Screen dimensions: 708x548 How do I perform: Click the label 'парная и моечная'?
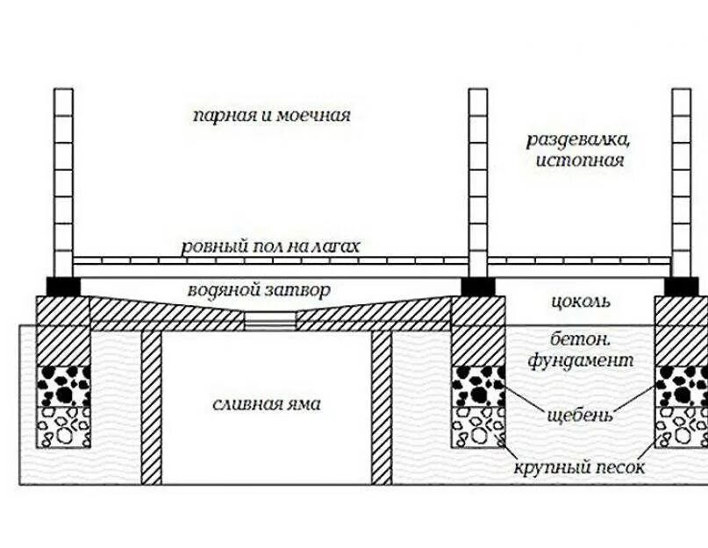(x=272, y=115)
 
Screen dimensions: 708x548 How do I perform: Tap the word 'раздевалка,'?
(x=579, y=139)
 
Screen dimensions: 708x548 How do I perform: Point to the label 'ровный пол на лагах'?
(x=270, y=246)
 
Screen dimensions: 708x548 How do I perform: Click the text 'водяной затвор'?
(x=259, y=289)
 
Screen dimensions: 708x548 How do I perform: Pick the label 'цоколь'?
(x=580, y=302)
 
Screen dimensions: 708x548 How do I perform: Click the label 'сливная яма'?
(x=267, y=404)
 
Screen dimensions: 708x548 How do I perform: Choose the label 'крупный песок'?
(x=580, y=467)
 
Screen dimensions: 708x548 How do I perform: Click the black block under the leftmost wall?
(x=63, y=286)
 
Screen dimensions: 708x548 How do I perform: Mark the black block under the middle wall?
(x=478, y=286)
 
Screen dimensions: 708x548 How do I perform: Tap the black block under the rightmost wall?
(x=682, y=286)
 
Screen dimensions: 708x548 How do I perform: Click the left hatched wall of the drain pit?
(x=152, y=408)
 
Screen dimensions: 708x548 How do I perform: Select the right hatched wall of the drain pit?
(x=381, y=408)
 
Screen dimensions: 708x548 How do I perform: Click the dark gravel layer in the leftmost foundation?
(x=63, y=386)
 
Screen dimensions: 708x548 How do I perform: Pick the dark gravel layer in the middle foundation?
(x=478, y=386)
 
